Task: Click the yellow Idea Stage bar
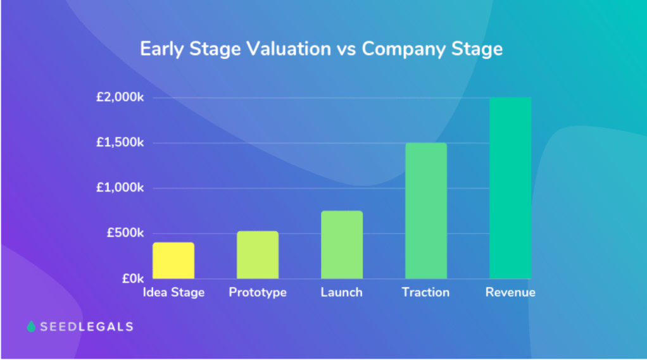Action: click(x=173, y=260)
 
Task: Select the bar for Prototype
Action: click(x=257, y=254)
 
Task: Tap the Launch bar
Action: click(x=341, y=244)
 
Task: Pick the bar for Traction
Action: click(x=426, y=210)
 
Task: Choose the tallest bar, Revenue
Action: click(x=510, y=188)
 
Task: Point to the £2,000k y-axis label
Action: click(x=120, y=97)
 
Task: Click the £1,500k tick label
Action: click(x=120, y=142)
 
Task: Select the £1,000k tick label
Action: click(x=120, y=188)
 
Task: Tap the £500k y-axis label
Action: click(x=125, y=233)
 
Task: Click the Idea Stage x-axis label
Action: click(x=173, y=292)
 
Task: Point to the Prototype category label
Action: click(x=258, y=292)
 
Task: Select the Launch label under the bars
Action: click(x=341, y=292)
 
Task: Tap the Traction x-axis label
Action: click(x=425, y=292)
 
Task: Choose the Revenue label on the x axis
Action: click(x=510, y=292)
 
